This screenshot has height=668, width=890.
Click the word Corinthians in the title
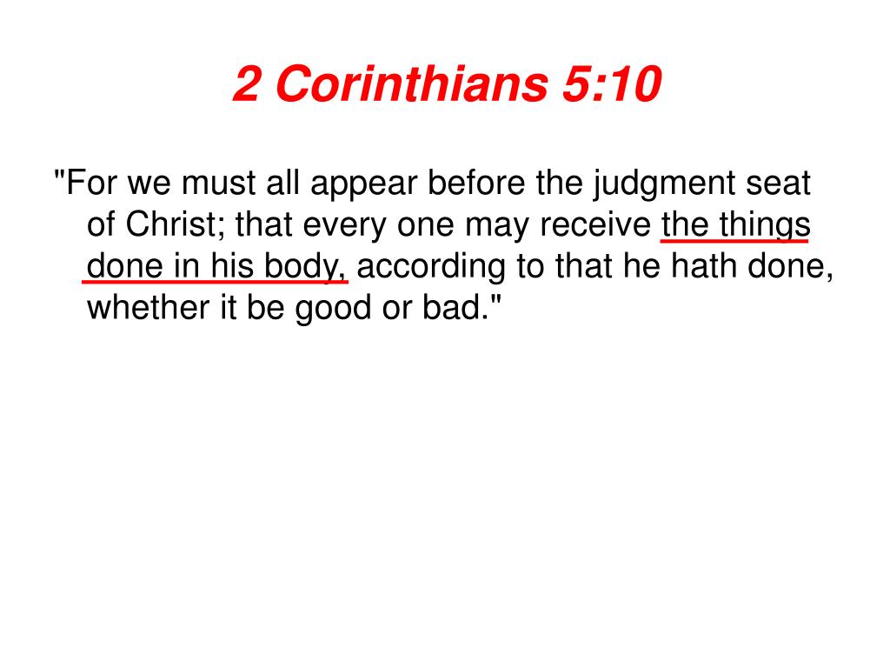(412, 83)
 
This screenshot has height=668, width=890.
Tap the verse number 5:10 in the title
(612, 83)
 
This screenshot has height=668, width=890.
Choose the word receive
(594, 225)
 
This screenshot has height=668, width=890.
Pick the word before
(476, 183)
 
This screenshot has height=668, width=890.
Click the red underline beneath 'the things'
(734, 242)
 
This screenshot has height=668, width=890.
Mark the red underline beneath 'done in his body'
(216, 281)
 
